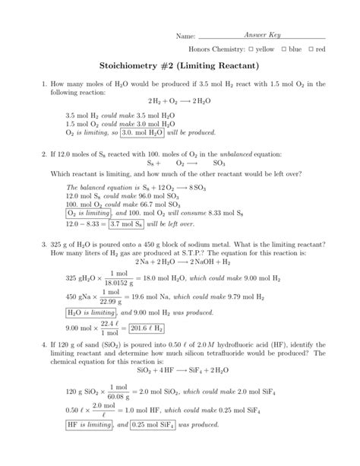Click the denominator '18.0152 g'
(118, 282)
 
